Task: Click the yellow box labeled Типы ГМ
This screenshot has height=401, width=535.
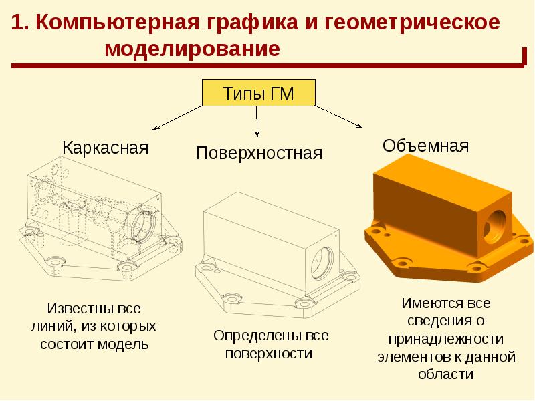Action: point(258,94)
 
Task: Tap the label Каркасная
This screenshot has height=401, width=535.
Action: point(105,147)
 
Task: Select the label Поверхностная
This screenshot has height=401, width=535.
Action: point(259,154)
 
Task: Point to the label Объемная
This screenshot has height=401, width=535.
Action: point(425,146)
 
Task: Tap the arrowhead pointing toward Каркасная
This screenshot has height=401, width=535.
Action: point(155,128)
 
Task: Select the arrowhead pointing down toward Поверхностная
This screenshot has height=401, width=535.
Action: point(257,136)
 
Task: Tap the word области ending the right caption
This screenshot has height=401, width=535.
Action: point(445,374)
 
